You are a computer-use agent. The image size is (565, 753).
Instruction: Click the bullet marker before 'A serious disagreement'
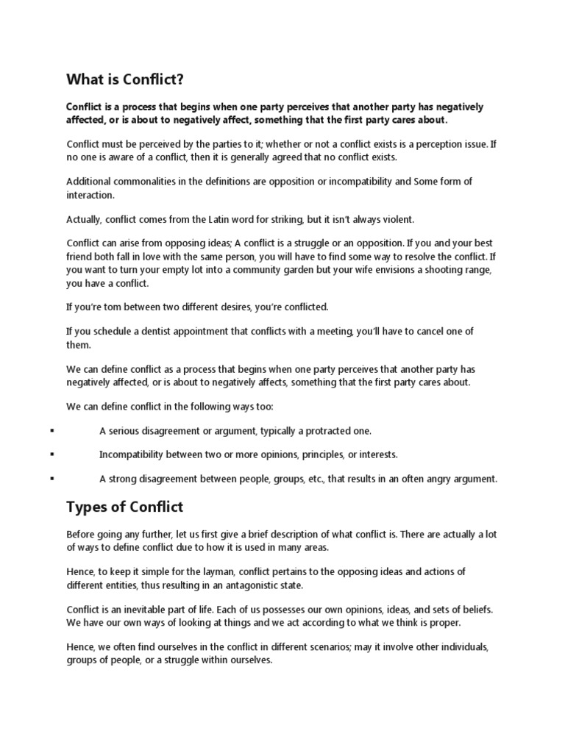52,430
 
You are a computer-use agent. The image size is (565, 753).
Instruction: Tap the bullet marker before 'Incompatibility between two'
52,454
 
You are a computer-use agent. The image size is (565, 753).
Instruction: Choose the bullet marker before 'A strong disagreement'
52,479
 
